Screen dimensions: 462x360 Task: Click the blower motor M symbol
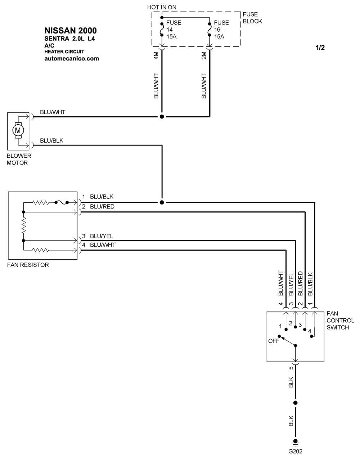[x=18, y=130]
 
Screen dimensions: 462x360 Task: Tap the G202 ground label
[x=295, y=451]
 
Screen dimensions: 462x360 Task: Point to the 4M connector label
[x=156, y=56]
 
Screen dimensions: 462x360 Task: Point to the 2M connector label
[x=204, y=56]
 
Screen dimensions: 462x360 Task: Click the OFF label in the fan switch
[x=274, y=341]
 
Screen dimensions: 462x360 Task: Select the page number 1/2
[x=320, y=48]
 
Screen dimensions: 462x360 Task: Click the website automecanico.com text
[x=71, y=58]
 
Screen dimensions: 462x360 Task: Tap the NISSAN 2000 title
[x=71, y=31]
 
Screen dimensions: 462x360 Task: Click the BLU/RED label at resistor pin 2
[x=102, y=206]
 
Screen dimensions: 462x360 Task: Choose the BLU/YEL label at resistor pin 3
[x=102, y=236]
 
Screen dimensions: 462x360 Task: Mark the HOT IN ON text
[x=162, y=7]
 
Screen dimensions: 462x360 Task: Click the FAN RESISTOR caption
[x=28, y=265]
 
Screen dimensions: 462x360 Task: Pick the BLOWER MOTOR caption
[x=19, y=159]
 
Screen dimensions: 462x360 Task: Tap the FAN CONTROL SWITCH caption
[x=340, y=320]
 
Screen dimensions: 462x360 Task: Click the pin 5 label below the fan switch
[x=291, y=368]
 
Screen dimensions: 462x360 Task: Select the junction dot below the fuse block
[x=162, y=117]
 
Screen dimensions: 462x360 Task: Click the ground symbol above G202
[x=295, y=442]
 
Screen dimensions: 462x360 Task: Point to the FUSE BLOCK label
[x=252, y=18]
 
